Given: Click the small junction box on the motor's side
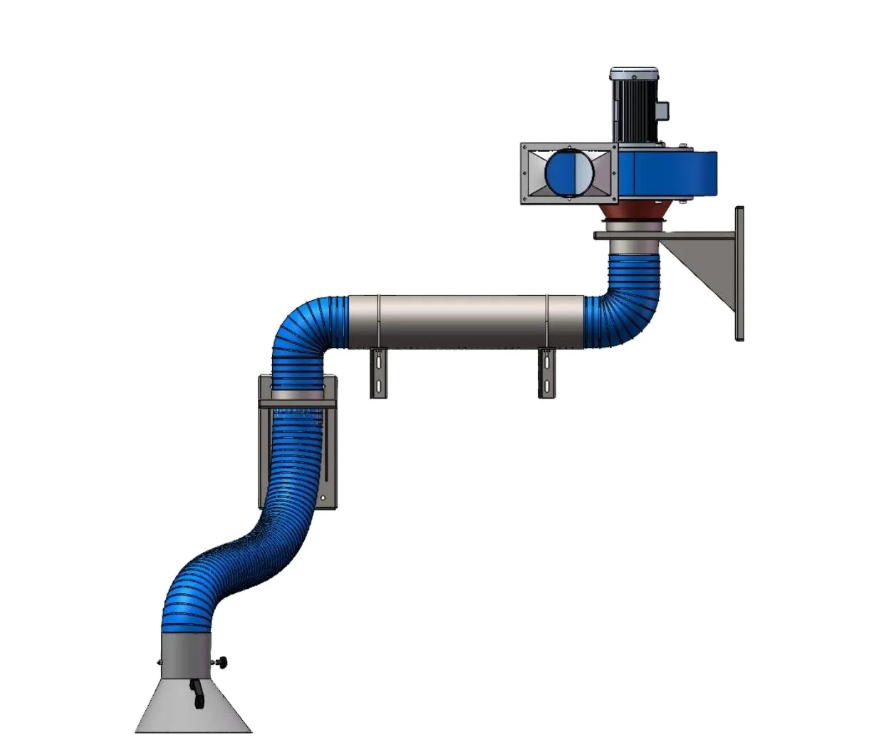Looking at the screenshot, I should [663, 111].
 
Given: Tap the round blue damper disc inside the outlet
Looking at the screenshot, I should [568, 173].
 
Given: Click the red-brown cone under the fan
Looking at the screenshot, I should [634, 212].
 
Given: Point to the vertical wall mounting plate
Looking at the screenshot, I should [739, 274].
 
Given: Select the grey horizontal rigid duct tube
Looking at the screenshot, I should [463, 322].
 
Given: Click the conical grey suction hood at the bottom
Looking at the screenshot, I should [194, 709].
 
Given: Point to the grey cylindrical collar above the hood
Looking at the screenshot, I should [185, 652].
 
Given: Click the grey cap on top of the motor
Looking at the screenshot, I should [634, 73].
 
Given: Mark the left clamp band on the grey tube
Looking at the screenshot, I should [379, 322].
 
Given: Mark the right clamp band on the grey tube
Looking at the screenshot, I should [547, 322].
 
